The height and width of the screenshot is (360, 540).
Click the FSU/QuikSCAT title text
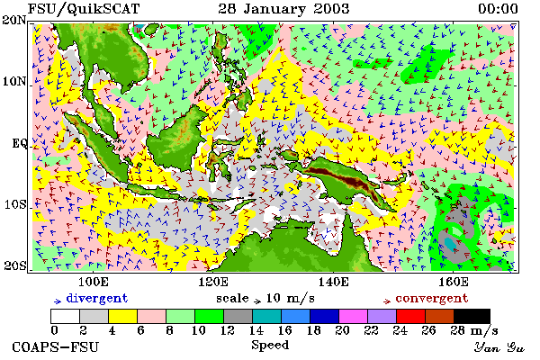[84, 9]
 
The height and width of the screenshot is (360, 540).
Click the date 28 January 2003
[283, 9]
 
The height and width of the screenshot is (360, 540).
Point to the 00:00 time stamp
[498, 9]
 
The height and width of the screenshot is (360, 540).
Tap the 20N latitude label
[13, 21]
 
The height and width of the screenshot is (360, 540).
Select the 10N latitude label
[14, 82]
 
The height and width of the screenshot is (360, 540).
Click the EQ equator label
[20, 143]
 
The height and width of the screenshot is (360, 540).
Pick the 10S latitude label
[15, 204]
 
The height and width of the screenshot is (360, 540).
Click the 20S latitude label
[14, 265]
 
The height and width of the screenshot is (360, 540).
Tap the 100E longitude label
[94, 282]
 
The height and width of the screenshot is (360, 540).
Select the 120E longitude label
[213, 282]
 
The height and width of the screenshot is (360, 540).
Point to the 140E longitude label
[333, 282]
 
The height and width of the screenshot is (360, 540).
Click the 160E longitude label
[454, 282]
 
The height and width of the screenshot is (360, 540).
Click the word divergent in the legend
[97, 298]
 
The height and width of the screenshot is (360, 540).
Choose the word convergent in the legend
[431, 298]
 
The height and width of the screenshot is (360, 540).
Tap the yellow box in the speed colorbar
[123, 316]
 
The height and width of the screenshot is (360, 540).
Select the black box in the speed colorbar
[472, 316]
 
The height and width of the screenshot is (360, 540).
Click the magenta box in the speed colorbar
[354, 316]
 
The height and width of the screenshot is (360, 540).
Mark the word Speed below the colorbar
[270, 346]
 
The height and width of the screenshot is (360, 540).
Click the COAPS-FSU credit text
[55, 346]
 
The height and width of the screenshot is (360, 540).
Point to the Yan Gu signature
[499, 347]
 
